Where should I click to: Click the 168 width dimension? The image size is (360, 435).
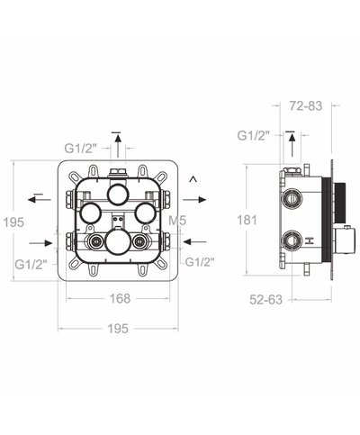(x=122, y=298)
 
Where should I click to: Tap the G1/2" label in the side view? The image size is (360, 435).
(x=253, y=135)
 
